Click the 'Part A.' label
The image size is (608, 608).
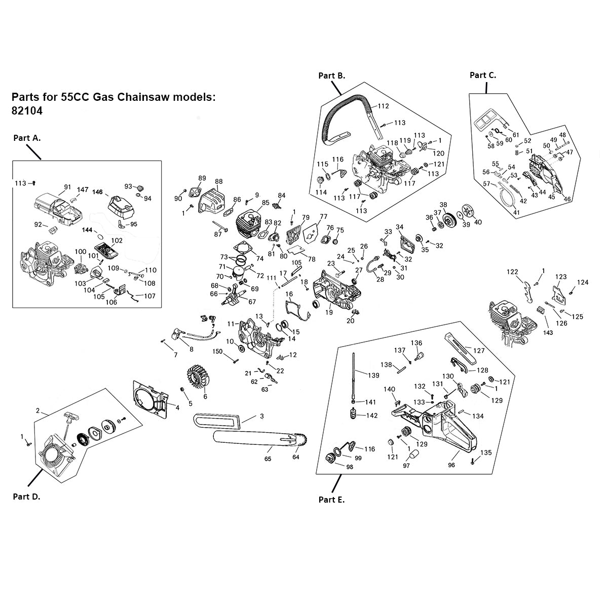[27, 138]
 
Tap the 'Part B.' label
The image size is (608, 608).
[331, 75]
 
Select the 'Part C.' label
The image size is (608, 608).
[483, 75]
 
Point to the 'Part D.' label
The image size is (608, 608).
[26, 497]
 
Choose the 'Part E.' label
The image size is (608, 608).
[331, 500]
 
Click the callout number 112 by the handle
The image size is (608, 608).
[383, 106]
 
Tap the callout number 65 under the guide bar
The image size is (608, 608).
[268, 459]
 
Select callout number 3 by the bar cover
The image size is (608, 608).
[261, 416]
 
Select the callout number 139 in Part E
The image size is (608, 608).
[374, 375]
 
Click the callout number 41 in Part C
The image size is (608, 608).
[516, 213]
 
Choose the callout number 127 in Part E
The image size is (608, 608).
[479, 351]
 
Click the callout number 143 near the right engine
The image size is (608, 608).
[548, 332]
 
